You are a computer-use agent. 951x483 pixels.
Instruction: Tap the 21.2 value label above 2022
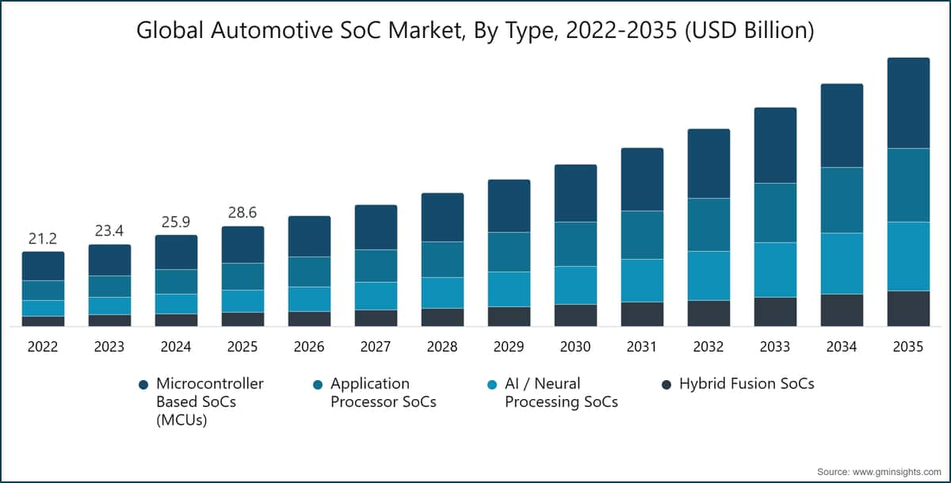43,238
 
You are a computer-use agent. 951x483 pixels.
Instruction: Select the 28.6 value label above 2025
243,213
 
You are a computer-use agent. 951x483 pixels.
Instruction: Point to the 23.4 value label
109,230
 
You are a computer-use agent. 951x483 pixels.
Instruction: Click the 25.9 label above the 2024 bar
176,222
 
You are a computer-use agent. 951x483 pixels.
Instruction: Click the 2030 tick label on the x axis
575,347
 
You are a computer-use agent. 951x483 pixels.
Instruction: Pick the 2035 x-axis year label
908,347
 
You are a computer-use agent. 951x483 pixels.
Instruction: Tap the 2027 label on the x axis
376,347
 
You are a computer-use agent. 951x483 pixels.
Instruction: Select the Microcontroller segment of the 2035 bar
908,103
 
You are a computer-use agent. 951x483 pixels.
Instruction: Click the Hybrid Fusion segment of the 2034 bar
842,310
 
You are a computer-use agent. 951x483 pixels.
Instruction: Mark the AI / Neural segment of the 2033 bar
775,269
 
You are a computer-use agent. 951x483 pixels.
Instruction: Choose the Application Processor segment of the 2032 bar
708,224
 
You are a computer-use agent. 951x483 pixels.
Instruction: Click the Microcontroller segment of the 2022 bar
43,266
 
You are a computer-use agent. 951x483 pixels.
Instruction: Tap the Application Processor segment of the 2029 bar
509,252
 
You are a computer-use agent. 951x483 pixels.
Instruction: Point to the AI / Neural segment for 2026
309,299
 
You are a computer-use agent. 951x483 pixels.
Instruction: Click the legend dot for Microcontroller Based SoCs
143,385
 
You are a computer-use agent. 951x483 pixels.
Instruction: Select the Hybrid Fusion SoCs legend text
747,384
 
